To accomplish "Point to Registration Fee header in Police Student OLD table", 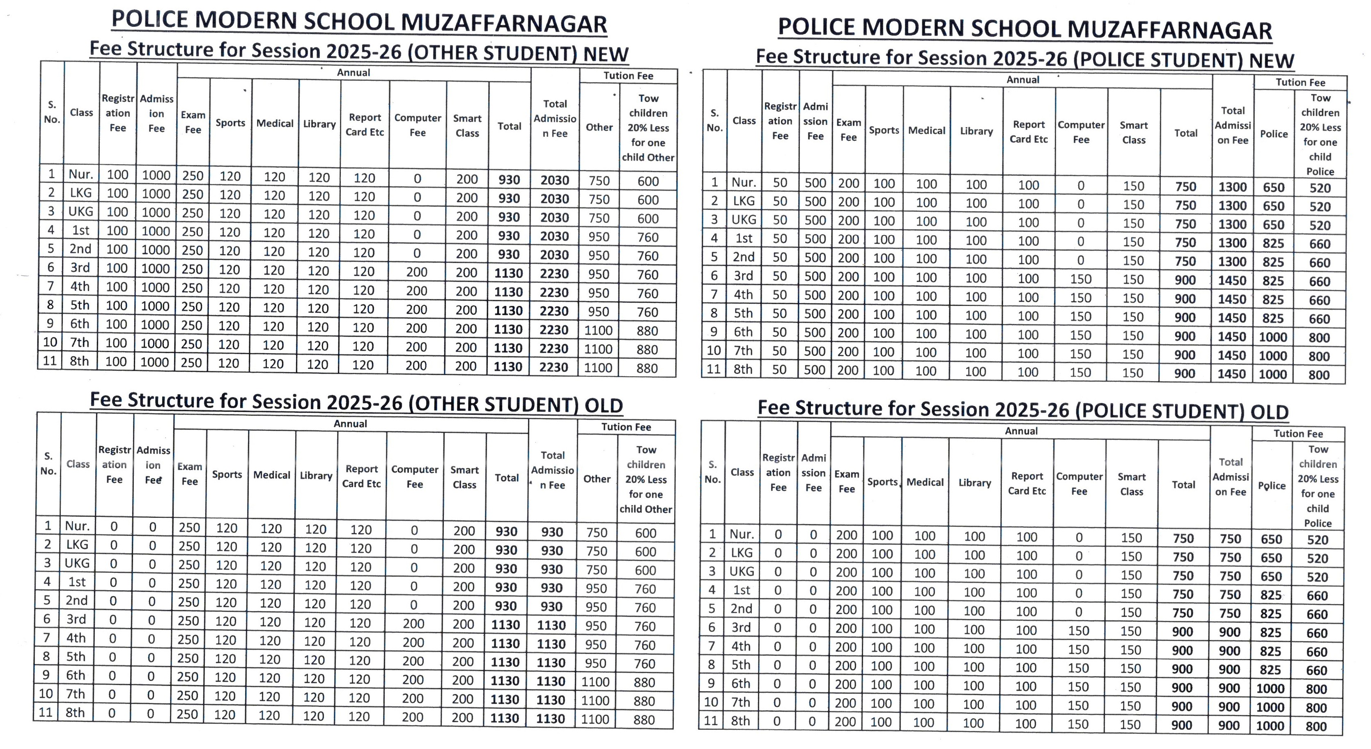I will (778, 472).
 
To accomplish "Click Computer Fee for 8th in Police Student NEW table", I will (1080, 372).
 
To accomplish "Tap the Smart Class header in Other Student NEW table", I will (467, 126).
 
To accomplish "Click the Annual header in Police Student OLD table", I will (1021, 431).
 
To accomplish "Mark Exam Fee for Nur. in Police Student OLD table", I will (846, 535).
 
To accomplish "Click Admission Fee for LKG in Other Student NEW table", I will (156, 193).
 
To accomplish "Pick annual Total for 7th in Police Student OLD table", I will (1182, 706).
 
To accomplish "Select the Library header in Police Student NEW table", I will (976, 131).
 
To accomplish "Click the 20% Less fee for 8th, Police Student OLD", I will (1316, 726).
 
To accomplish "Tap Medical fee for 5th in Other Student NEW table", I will (274, 251).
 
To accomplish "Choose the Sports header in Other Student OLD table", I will (227, 474).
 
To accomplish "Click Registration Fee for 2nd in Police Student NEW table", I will (780, 257).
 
